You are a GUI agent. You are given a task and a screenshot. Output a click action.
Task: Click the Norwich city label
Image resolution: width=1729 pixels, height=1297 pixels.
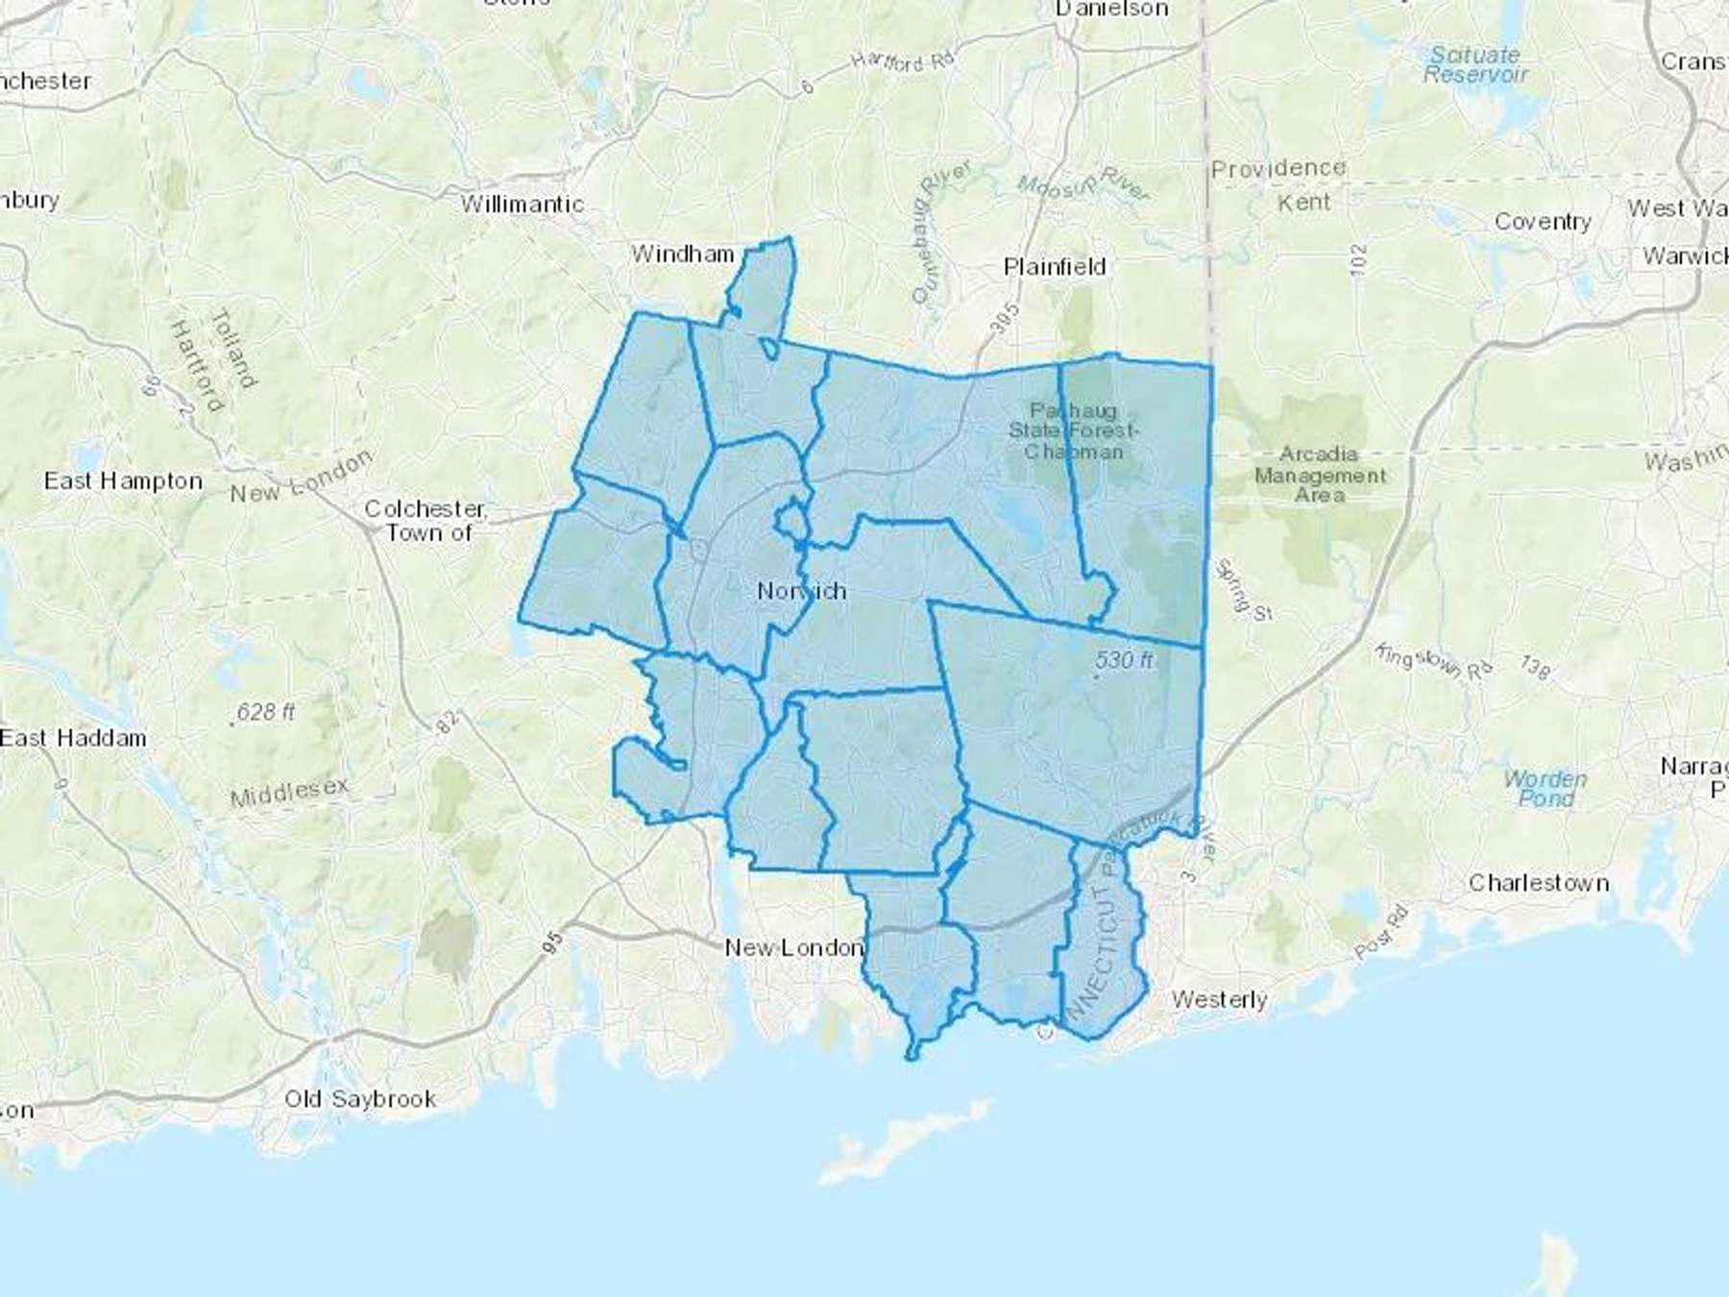pos(801,591)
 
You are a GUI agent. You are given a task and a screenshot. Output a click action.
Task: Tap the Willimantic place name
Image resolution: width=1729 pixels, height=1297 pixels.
pos(522,205)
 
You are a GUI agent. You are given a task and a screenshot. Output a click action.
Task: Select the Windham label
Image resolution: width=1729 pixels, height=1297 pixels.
pos(682,255)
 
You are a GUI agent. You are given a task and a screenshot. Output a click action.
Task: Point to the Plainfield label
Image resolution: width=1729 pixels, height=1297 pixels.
pos(1054,267)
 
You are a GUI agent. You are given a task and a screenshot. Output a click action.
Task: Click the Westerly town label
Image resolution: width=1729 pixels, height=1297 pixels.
pos(1219,1000)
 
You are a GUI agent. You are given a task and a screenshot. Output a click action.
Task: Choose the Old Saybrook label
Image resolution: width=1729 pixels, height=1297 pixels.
pos(360,1099)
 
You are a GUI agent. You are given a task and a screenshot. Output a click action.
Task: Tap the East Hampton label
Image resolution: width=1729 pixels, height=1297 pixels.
pos(123,481)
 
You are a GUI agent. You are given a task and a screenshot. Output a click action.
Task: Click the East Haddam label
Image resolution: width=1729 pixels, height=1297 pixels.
pos(73,738)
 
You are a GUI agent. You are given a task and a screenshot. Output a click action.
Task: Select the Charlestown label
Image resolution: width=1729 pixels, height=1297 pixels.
pos(1538,883)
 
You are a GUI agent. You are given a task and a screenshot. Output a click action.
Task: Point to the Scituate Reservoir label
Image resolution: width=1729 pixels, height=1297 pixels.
pos(1474,64)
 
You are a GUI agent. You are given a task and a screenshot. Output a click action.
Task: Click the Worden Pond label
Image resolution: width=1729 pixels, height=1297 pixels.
pos(1545,789)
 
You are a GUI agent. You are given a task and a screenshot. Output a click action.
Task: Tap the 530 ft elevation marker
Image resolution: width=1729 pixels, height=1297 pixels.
pos(1124,660)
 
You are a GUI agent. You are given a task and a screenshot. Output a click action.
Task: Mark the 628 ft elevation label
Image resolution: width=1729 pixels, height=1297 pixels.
pos(265,712)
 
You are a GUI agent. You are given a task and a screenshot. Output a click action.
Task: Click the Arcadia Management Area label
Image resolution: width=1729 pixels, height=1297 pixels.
pos(1319,475)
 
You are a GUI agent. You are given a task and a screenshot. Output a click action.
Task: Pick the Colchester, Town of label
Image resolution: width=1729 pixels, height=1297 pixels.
pos(426,520)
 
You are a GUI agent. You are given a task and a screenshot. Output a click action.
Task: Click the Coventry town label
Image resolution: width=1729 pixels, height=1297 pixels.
pos(1542,222)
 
